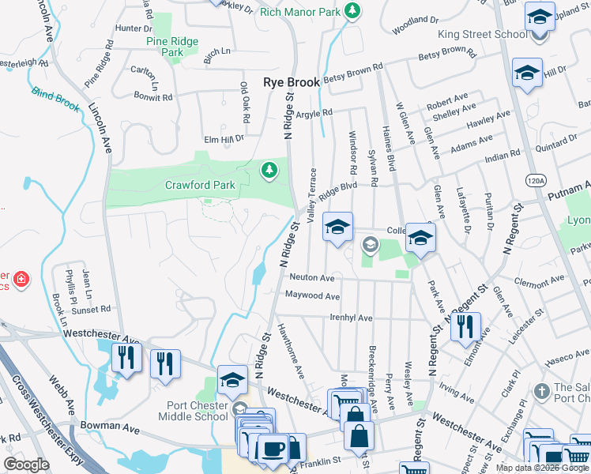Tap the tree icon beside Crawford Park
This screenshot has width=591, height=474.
click(x=269, y=170)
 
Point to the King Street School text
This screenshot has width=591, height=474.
click(x=482, y=35)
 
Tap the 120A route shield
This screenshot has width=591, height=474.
click(x=535, y=180)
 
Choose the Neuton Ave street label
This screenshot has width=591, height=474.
click(x=311, y=278)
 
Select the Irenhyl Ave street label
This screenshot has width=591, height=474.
click(x=350, y=318)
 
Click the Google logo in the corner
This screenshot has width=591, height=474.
click(x=26, y=465)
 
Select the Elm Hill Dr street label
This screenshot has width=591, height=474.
click(x=224, y=138)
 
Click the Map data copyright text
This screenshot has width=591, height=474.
click(x=542, y=468)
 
